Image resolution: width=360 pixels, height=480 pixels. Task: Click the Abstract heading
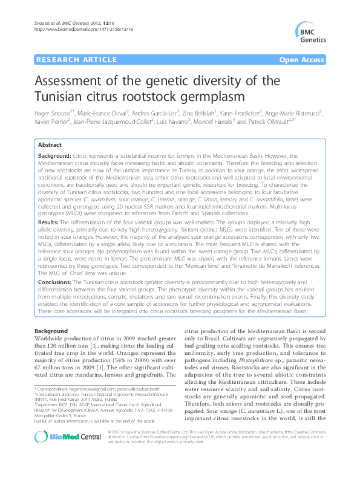click(x=50, y=146)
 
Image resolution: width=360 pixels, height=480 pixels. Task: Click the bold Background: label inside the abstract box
click(x=54, y=156)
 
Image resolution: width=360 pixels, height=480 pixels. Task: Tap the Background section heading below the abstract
click(x=51, y=332)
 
